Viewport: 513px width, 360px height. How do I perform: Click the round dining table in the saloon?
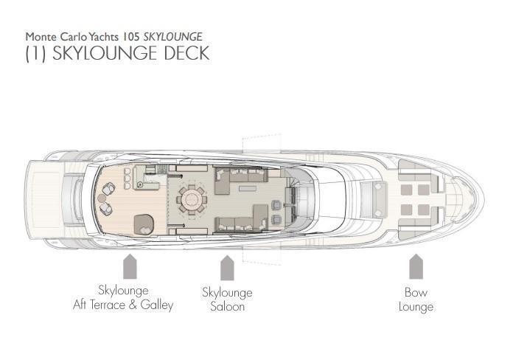point(192,199)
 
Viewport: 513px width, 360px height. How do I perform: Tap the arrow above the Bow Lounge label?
point(416,266)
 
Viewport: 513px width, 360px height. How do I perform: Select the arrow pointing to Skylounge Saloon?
point(227,268)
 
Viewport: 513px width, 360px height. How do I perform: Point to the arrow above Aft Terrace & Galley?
point(130,266)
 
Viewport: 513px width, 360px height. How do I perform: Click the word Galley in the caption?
point(157,305)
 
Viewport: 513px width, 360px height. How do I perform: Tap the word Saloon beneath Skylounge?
point(227,307)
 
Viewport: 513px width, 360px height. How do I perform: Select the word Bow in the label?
point(416,292)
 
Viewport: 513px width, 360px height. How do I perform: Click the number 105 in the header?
point(131,37)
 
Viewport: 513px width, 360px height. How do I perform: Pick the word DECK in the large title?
point(186,53)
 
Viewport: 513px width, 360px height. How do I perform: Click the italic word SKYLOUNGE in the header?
point(173,37)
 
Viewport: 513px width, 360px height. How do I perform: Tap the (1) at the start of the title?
point(35,53)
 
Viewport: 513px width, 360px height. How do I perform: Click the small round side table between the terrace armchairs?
point(102,198)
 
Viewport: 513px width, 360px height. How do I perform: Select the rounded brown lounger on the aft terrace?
point(144,224)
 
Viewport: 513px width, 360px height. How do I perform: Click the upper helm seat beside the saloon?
point(276,205)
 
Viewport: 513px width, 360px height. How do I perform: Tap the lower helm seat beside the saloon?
point(276,219)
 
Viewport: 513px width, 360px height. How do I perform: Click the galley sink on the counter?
point(140,185)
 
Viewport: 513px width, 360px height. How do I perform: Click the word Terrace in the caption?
point(108,305)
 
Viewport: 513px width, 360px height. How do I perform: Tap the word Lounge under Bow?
point(416,308)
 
